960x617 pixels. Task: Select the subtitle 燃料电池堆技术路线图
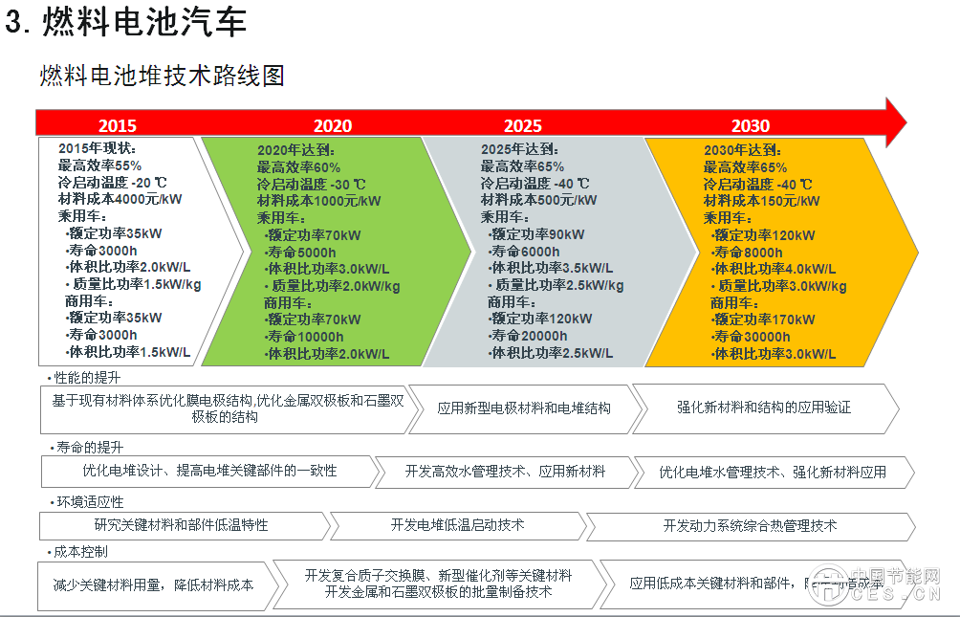tap(162, 76)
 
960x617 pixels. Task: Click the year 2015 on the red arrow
tap(117, 125)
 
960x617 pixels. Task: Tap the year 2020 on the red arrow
tap(332, 125)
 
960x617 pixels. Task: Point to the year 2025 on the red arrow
tap(523, 125)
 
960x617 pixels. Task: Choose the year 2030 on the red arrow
tap(751, 125)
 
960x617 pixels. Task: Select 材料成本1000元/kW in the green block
tap(318, 201)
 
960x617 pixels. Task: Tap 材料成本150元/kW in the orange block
tap(761, 201)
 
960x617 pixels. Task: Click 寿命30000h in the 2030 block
tap(752, 337)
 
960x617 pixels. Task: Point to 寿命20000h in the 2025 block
tap(528, 336)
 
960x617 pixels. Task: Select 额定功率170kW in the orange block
tap(764, 320)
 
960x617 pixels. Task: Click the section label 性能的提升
tap(89, 378)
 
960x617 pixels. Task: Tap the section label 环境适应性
tap(89, 501)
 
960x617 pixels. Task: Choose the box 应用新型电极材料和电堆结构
tap(524, 408)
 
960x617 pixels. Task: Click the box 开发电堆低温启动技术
tap(457, 525)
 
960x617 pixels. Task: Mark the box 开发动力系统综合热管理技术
tap(750, 525)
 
